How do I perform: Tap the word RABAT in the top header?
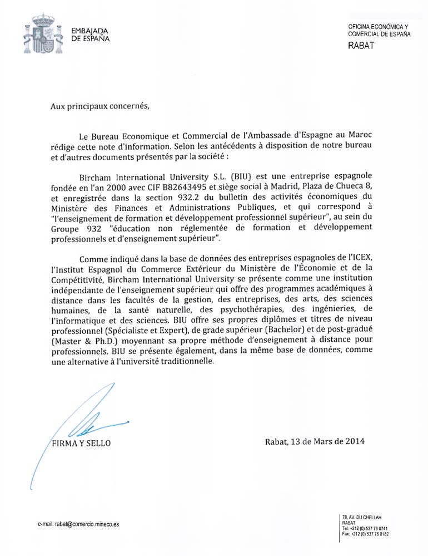click(x=361, y=46)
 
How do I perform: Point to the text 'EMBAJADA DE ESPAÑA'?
click(x=90, y=35)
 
